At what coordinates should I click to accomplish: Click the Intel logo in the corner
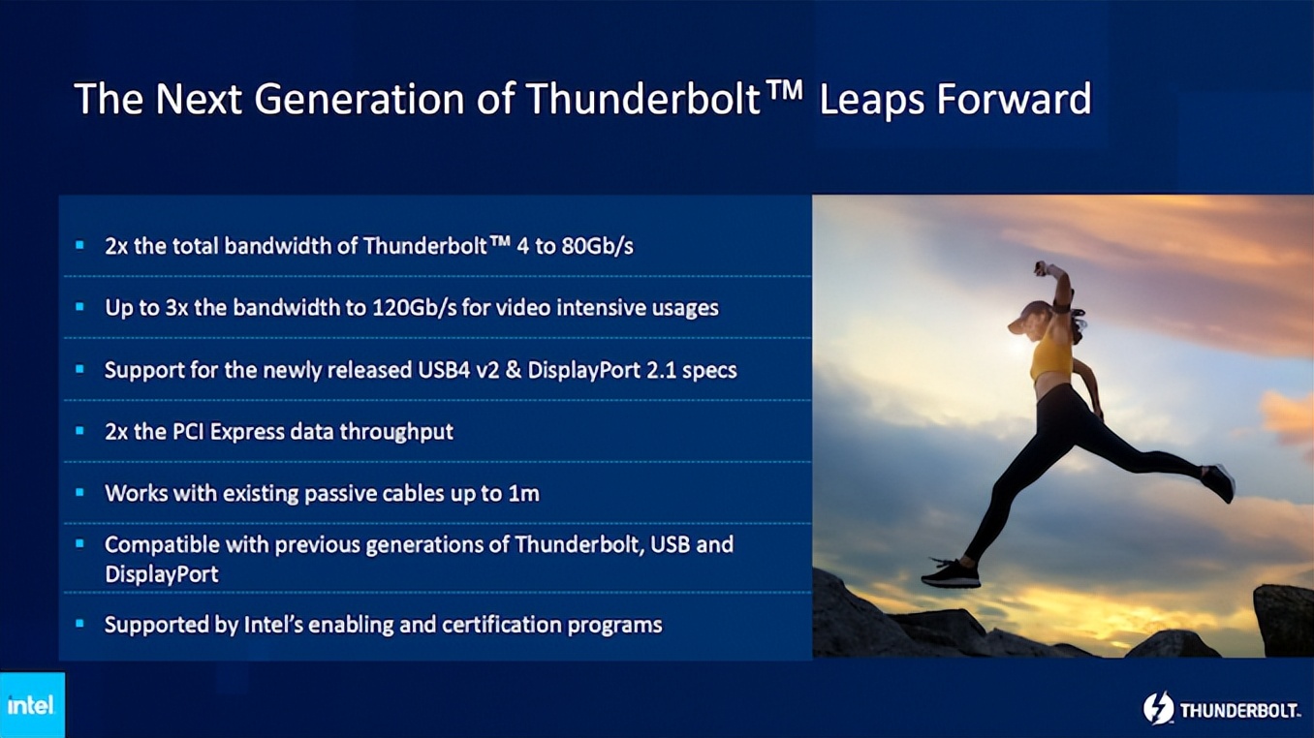(x=31, y=704)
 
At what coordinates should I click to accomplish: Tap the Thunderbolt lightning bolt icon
(x=1158, y=709)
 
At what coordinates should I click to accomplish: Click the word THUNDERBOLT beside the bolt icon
(x=1239, y=711)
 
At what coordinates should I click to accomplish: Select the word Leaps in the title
(x=869, y=99)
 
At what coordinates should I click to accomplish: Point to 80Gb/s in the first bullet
(x=597, y=246)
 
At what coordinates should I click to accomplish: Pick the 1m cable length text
(x=523, y=493)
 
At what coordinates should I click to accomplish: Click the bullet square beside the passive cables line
(x=80, y=493)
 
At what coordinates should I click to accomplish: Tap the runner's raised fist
(x=1043, y=269)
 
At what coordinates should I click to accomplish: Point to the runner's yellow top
(x=1050, y=359)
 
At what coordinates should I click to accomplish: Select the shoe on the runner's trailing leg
(x=1218, y=482)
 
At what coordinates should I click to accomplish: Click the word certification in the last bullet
(x=503, y=624)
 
